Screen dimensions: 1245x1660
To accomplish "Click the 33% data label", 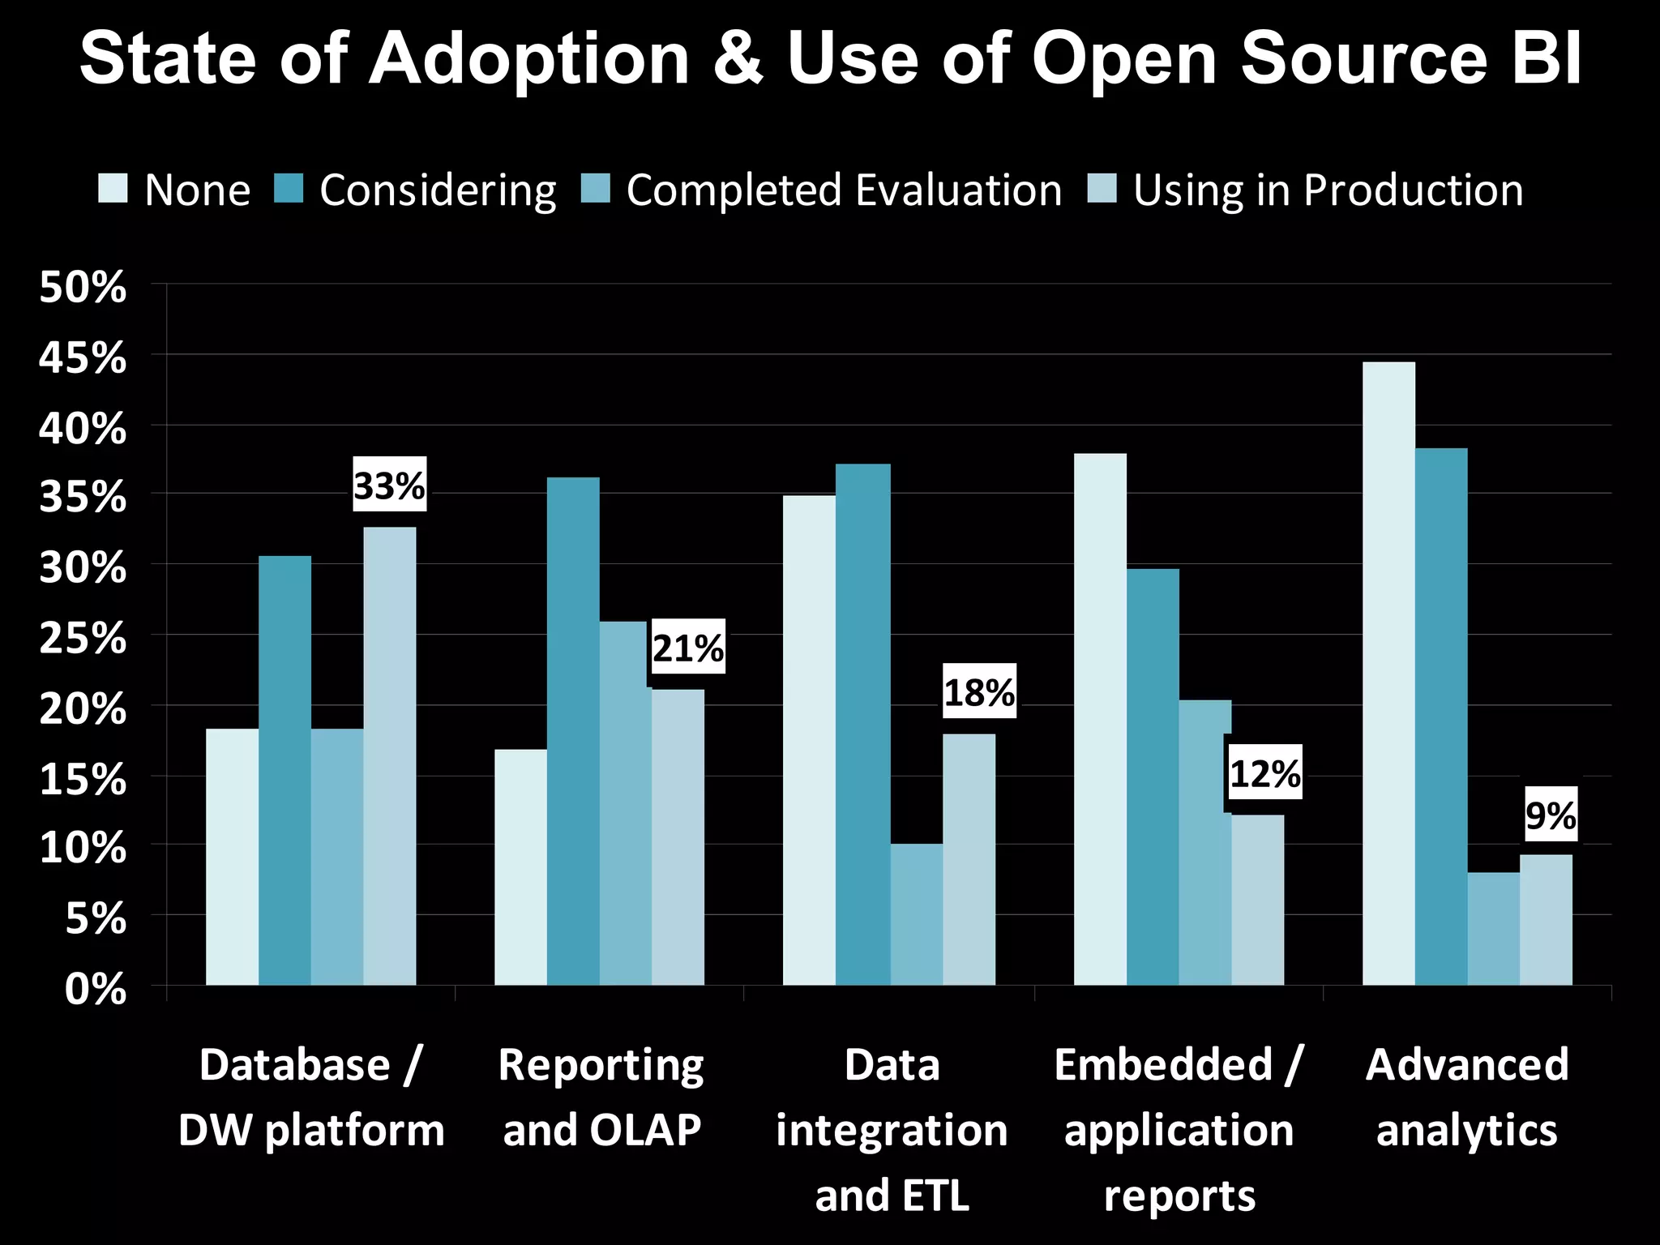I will pos(389,485).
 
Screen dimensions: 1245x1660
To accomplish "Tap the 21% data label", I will pos(688,647).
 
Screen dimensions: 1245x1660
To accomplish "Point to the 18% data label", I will pos(979,691).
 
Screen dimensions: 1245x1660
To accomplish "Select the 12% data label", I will pos(1264,772).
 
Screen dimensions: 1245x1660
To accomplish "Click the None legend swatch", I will pos(113,189).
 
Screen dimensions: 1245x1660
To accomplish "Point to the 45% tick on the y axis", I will pos(83,357).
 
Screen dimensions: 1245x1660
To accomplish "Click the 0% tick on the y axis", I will pos(96,989).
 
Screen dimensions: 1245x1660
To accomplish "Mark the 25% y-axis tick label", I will pos(83,639).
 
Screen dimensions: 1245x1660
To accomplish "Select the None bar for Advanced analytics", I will pos(1388,673).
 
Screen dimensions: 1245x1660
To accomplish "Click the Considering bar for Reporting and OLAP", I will pos(573,729).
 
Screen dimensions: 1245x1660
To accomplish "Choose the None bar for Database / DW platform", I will pos(232,856).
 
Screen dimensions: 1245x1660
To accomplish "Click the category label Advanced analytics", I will pos(1467,1097).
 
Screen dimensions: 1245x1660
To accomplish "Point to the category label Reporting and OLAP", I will pos(601,1097).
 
